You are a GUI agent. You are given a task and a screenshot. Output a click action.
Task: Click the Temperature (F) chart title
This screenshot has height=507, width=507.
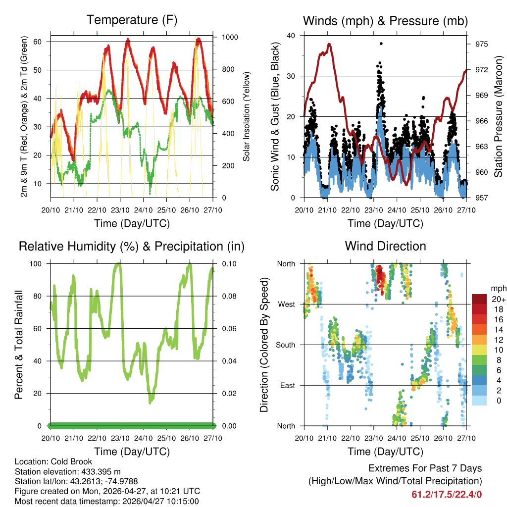coord(132,20)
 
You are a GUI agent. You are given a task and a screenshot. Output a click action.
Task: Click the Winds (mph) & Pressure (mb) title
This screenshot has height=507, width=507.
coord(385,21)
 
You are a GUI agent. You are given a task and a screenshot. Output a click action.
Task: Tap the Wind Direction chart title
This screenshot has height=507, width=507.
coord(385,246)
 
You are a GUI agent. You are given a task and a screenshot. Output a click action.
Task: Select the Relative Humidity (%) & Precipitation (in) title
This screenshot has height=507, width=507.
coord(132,246)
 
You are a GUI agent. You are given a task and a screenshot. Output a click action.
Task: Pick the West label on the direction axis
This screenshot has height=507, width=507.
coord(286,304)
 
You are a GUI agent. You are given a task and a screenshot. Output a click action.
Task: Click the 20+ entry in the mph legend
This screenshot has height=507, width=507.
coord(499,299)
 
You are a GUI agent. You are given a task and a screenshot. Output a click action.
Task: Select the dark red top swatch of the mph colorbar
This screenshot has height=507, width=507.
coord(479,299)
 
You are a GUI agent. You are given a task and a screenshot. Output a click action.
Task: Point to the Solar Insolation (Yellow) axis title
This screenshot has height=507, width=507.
coord(246,117)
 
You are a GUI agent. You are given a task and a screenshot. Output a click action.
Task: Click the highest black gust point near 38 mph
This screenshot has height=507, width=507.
coord(381,44)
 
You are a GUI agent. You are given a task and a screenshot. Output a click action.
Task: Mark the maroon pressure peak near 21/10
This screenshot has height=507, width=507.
coord(329,44)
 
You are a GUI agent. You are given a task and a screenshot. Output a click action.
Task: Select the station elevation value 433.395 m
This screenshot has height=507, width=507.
coord(100,471)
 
